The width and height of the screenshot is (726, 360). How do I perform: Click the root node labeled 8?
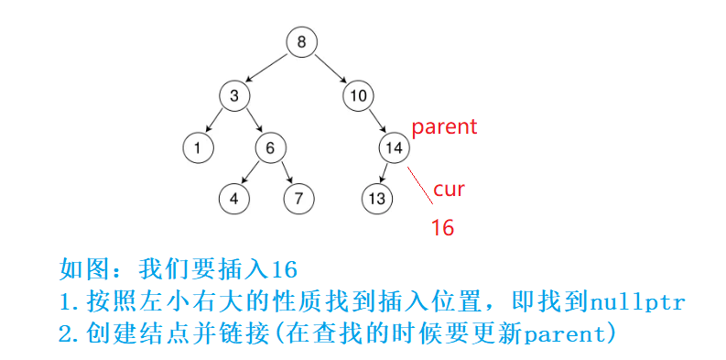click(x=301, y=42)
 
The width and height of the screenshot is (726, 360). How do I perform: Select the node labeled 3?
click(x=234, y=94)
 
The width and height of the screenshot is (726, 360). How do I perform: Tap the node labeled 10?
click(x=358, y=94)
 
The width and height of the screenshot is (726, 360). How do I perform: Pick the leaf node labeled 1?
click(x=197, y=147)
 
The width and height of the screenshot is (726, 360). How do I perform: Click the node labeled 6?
click(x=270, y=147)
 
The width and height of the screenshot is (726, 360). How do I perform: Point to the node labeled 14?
click(x=394, y=147)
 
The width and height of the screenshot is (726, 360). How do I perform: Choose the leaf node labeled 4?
click(x=234, y=197)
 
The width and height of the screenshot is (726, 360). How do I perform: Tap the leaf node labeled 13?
click(x=376, y=197)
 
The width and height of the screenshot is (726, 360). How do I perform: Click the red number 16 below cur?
click(x=442, y=228)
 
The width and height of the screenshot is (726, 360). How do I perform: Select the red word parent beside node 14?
click(x=444, y=126)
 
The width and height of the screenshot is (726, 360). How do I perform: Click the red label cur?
click(x=449, y=190)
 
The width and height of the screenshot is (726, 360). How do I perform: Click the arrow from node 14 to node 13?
click(x=385, y=172)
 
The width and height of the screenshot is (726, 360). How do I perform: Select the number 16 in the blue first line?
click(x=285, y=269)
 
